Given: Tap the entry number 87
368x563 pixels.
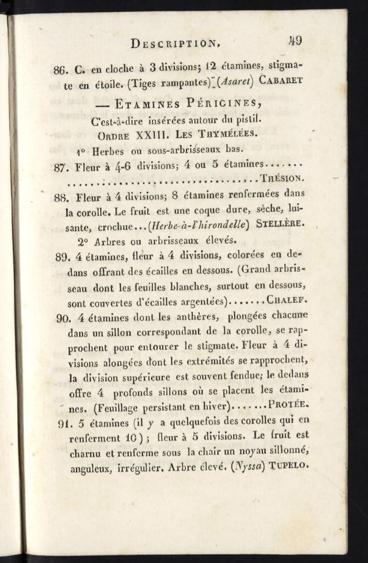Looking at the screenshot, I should pyautogui.click(x=62, y=168).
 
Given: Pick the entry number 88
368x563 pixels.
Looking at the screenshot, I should pyautogui.click(x=62, y=197).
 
